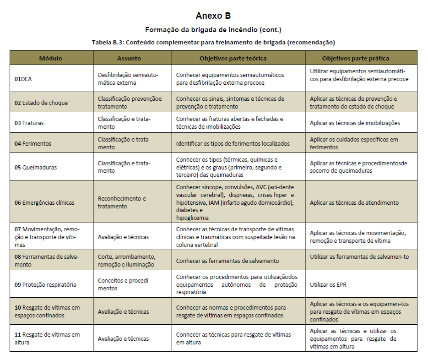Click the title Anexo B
[213, 16]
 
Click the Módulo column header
[51, 58]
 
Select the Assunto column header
[129, 58]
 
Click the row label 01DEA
[23, 79]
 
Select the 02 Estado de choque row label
[41, 103]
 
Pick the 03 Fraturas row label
[29, 123]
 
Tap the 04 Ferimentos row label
[33, 143]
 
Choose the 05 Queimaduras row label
[36, 167]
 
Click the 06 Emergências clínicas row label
[44, 202]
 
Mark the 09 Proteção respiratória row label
[45, 284]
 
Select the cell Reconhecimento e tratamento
[122, 202]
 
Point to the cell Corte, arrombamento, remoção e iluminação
[127, 261]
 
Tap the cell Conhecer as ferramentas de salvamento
[228, 261]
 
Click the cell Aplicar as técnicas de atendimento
[354, 202]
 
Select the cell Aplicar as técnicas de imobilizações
[355, 123]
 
